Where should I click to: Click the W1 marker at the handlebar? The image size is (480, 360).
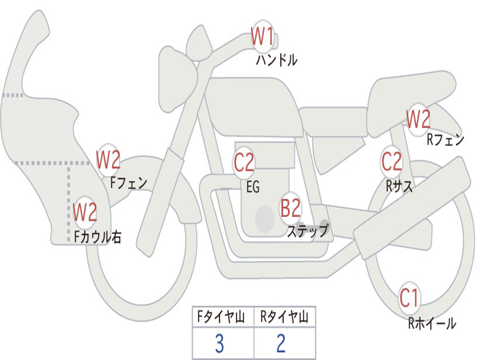[262, 37]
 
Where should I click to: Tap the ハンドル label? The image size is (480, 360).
[277, 60]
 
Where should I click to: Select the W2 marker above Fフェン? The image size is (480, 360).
[108, 160]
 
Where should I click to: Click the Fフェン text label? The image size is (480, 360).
[129, 182]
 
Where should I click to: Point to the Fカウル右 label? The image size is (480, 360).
[98, 237]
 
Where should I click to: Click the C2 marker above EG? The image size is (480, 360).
[244, 163]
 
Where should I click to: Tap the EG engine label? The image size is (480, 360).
[253, 187]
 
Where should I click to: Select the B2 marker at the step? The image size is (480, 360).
[291, 209]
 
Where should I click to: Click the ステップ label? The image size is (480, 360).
[308, 231]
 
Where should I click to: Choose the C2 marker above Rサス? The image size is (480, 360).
[391, 162]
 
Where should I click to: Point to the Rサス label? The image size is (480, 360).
[399, 187]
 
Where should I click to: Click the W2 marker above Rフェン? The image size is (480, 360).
[418, 120]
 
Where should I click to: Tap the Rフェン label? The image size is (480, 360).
[445, 140]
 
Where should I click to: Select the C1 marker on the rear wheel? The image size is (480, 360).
[409, 298]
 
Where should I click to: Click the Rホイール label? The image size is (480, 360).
[432, 323]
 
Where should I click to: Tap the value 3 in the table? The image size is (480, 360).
[219, 344]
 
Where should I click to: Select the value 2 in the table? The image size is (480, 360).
[281, 344]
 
